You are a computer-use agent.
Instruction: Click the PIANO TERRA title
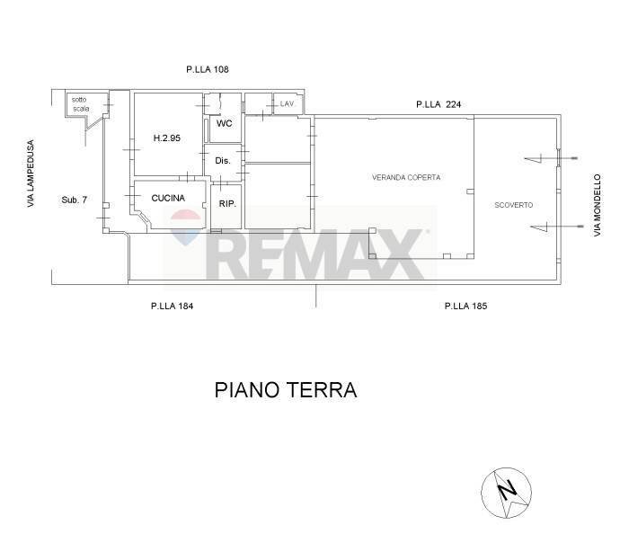(x=286, y=391)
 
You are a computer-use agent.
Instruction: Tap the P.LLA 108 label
(x=208, y=68)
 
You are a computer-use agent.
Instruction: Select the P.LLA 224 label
(x=438, y=105)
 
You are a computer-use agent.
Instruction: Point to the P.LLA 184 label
(x=173, y=307)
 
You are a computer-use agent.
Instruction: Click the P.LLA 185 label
(x=465, y=307)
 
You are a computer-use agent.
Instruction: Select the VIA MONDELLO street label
(x=596, y=206)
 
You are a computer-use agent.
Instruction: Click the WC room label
(x=224, y=124)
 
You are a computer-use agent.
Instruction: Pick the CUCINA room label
(x=168, y=198)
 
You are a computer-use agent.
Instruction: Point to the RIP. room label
(x=227, y=204)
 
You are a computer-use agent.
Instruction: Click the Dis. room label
(x=224, y=161)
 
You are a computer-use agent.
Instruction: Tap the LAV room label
(x=287, y=104)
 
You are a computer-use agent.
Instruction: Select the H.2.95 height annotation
(x=167, y=138)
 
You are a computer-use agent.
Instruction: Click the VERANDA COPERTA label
(x=406, y=178)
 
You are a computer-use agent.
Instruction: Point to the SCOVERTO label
(x=514, y=205)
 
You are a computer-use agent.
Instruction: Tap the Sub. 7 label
(x=74, y=199)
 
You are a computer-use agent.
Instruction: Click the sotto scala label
(x=82, y=103)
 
